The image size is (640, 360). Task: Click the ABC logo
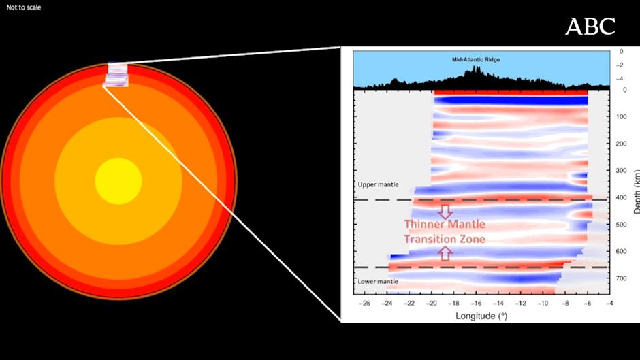click(x=590, y=27)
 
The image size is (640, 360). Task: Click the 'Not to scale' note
click(x=24, y=7)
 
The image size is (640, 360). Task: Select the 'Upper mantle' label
click(x=378, y=184)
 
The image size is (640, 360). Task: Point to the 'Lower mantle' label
click(x=378, y=280)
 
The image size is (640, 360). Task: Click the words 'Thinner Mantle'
click(x=445, y=224)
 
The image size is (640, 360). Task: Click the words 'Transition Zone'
click(x=445, y=239)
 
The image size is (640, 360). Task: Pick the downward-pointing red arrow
click(x=445, y=210)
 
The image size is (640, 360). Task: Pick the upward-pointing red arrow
click(x=445, y=253)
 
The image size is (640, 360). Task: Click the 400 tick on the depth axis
click(x=620, y=198)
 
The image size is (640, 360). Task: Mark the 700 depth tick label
click(x=620, y=278)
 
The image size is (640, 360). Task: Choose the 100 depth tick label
click(x=620, y=117)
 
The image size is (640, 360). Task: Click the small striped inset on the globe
click(x=116, y=74)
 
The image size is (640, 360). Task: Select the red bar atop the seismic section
click(x=511, y=92)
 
